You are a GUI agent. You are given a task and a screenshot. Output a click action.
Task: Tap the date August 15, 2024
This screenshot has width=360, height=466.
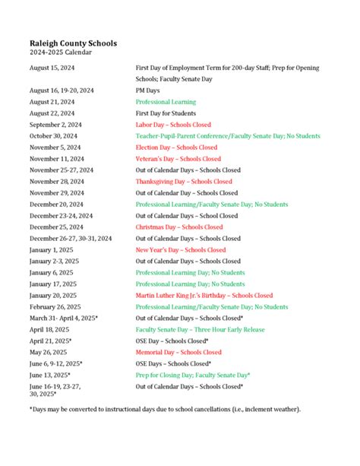pyautogui.click(x=52, y=68)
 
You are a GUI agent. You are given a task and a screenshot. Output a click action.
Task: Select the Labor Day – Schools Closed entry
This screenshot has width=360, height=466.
pyautogui.click(x=173, y=125)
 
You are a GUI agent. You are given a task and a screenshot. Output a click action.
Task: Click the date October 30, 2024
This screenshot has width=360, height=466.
pyautogui.click(x=53, y=136)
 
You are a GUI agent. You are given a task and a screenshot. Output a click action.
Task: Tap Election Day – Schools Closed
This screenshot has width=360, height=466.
pyautogui.click(x=176, y=147)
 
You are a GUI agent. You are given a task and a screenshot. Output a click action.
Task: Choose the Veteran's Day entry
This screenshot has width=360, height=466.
pyautogui.click(x=178, y=159)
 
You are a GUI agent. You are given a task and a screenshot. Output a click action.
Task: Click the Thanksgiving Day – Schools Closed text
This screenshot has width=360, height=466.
pyautogui.click(x=184, y=182)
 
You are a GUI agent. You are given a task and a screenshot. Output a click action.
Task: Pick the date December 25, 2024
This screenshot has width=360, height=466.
pyautogui.click(x=55, y=227)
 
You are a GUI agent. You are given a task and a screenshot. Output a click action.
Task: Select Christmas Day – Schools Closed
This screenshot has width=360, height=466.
pyautogui.click(x=179, y=227)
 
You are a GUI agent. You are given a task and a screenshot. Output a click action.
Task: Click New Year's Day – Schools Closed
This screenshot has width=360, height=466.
pyautogui.click(x=181, y=249)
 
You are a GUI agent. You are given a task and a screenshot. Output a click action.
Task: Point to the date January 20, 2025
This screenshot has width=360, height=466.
pyautogui.click(x=53, y=295)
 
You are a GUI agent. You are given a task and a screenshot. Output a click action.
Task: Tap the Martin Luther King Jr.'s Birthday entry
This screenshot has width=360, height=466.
pyautogui.click(x=204, y=295)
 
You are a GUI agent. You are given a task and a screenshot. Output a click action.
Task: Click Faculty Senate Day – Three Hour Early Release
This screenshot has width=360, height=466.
pyautogui.click(x=201, y=329)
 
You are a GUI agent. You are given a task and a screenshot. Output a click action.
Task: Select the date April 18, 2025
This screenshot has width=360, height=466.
pyautogui.click(x=49, y=329)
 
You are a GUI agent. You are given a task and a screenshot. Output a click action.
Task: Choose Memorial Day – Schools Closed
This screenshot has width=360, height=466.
pyautogui.click(x=178, y=352)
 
